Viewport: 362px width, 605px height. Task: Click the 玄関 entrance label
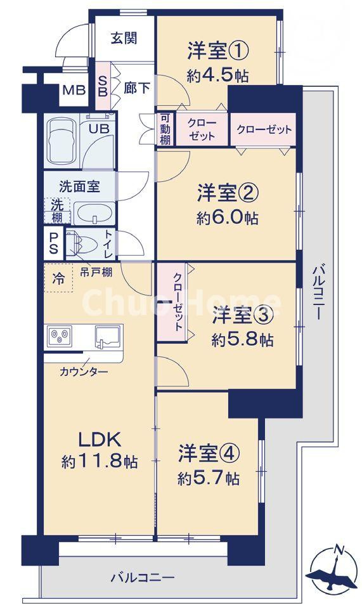click(124, 37)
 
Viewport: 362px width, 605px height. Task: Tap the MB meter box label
click(73, 90)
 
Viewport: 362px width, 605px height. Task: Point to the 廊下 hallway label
click(137, 88)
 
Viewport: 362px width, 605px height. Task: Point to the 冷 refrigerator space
click(58, 278)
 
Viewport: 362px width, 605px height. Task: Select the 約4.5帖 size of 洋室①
click(217, 75)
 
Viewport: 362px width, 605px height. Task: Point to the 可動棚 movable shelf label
click(164, 129)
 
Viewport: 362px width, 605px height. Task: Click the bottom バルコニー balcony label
click(142, 577)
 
